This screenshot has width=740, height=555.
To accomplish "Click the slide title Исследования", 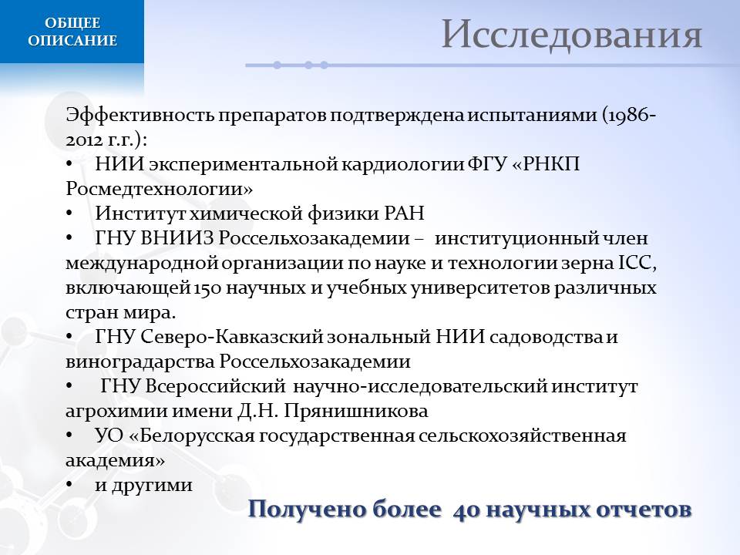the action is pos(571,35).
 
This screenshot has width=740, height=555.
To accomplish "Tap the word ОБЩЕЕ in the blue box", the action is pos(72,22).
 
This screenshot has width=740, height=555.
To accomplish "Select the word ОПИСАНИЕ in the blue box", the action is pos(72,40).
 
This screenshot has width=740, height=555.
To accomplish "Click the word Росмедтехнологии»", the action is pos(159,189).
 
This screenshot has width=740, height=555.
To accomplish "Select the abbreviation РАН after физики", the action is pos(405,214).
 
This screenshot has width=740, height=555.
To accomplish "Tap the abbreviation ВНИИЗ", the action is pos(177,238).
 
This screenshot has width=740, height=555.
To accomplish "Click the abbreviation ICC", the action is pos(637,263).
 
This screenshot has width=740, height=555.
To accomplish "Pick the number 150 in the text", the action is pos(207,288).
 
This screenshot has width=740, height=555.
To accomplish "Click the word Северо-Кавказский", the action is pos(232,337).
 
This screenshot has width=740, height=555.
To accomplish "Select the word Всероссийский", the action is pos(215,386).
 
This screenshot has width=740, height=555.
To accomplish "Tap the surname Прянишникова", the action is pos(356,411).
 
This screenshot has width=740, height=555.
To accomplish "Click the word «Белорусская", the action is pos(192,435).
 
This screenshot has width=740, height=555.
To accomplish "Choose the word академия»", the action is pos(115,460).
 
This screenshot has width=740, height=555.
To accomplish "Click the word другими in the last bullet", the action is pos(152,485).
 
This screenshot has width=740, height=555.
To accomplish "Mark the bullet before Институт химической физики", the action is pos(69,214).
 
